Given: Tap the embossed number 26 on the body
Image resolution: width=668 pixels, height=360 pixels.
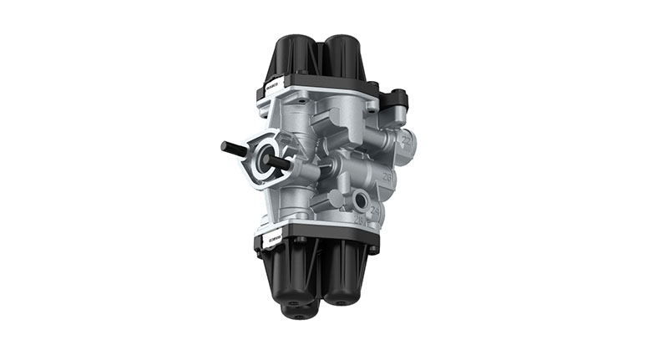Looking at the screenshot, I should coord(387,177).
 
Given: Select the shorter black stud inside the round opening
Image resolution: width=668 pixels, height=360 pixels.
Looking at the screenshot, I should coord(279,163).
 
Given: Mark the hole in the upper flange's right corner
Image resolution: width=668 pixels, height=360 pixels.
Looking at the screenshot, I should coord(371,87).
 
